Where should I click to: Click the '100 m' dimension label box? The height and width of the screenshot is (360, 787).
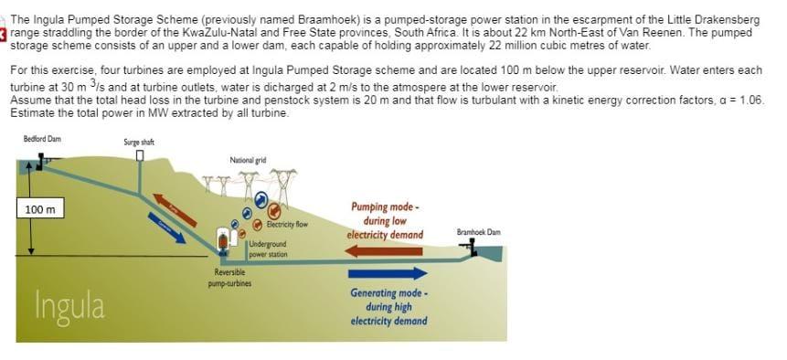click(x=40, y=209)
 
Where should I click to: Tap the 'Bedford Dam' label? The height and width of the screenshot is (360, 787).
click(x=42, y=140)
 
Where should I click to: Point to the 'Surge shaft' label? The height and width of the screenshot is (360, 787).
click(x=139, y=142)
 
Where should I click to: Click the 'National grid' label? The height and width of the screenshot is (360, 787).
click(x=248, y=160)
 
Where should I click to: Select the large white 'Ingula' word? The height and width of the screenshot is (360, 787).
click(x=69, y=304)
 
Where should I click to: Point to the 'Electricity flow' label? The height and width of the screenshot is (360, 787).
click(x=287, y=224)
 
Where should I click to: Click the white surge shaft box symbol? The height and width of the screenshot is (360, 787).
click(x=140, y=155)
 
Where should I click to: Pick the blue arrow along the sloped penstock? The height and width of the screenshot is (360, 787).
click(x=166, y=228)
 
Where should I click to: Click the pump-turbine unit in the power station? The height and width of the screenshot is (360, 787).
click(x=222, y=240)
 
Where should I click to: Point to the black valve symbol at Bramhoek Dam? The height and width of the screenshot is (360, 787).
click(x=473, y=246)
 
